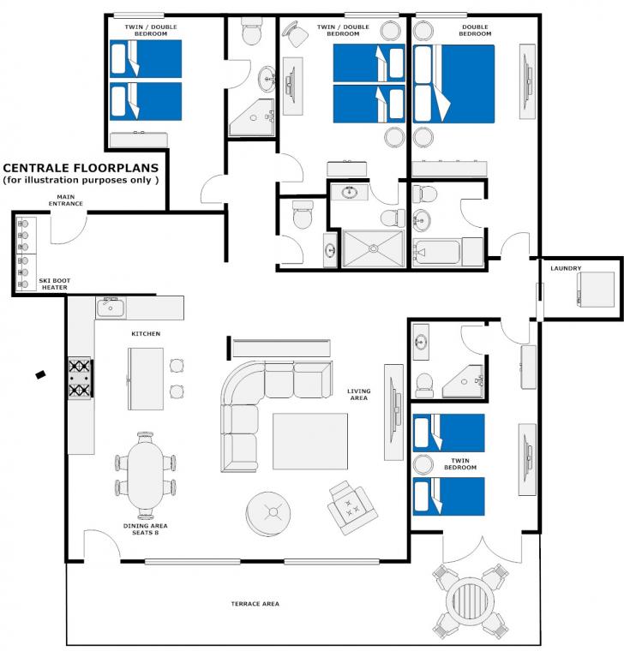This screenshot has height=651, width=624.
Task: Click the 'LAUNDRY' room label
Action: tap(566, 268)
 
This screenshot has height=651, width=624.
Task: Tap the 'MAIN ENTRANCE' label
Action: tap(66, 200)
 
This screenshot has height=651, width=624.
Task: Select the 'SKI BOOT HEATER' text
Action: tap(54, 284)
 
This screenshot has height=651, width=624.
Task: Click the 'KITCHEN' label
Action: tap(146, 333)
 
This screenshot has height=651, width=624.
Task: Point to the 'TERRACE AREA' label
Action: tap(255, 604)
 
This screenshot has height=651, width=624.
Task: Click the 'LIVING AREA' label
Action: tap(359, 394)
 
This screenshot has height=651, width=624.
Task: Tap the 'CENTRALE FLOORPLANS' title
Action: tap(81, 168)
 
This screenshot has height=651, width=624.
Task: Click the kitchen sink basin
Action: tap(111, 308)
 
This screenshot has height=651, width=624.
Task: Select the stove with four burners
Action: tap(80, 379)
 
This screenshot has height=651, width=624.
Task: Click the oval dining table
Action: tap(146, 475)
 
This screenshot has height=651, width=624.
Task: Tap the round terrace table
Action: tap(471, 600)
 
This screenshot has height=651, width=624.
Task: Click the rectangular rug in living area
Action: tap(310, 441)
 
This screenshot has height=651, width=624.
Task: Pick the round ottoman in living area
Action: tap(268, 514)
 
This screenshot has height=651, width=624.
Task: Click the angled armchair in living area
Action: tap(352, 508)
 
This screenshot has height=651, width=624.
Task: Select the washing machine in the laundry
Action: tap(595, 290)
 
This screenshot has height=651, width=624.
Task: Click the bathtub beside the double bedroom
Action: tap(436, 252)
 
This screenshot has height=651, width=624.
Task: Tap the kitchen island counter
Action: tap(146, 379)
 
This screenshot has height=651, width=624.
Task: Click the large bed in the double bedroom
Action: tap(453, 84)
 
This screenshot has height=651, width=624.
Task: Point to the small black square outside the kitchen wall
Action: tap(40, 375)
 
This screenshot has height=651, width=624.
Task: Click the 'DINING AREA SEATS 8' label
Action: tap(146, 529)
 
